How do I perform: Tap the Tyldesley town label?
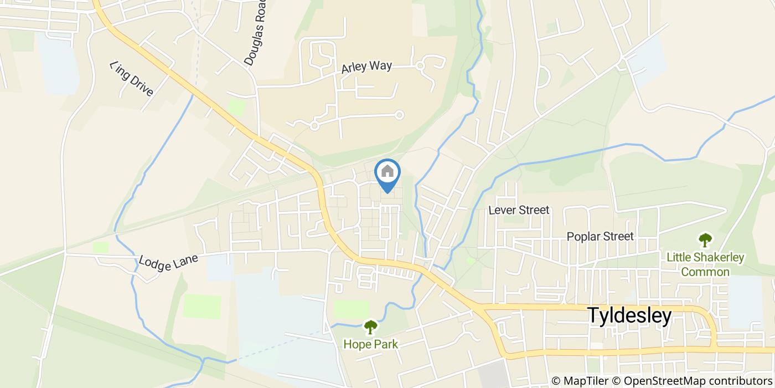click(629, 315)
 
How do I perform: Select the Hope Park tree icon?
click(370, 328)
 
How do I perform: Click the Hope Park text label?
click(370, 344)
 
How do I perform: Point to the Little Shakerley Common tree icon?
click(705, 240)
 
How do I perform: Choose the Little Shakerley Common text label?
click(705, 264)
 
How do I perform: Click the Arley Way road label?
click(366, 67)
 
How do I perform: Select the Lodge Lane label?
click(169, 259)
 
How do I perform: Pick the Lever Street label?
click(519, 210)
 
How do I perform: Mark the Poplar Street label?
click(600, 237)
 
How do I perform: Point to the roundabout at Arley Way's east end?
click(420, 66)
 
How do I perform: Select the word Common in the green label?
click(705, 272)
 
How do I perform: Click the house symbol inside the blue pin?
click(387, 171)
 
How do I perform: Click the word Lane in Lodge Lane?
click(186, 257)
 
